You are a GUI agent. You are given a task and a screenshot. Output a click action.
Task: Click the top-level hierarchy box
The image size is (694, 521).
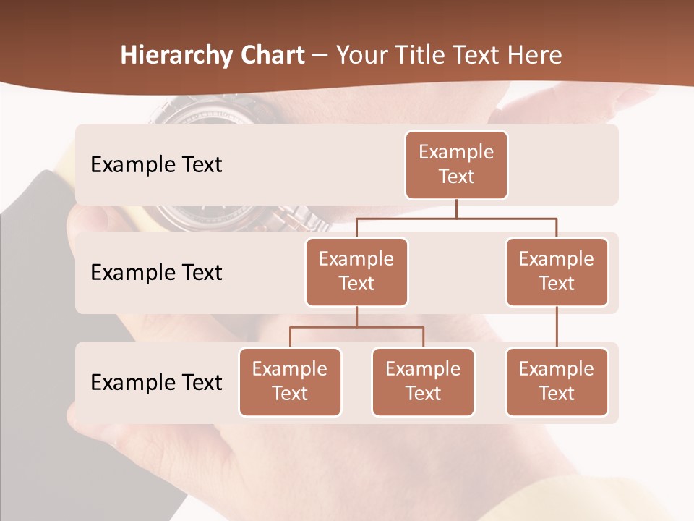(x=456, y=164)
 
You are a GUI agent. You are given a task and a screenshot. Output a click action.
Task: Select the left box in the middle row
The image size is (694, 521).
(x=356, y=271)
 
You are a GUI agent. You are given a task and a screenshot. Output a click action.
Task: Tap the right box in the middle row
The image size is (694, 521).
(x=557, y=271)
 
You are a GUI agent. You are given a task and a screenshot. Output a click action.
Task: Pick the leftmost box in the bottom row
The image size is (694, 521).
(x=290, y=381)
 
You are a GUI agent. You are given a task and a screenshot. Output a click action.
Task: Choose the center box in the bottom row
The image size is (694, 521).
(x=423, y=381)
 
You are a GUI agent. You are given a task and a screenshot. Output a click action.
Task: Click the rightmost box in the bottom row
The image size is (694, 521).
(x=557, y=381)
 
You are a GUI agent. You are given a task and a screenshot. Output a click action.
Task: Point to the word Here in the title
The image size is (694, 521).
(x=534, y=55)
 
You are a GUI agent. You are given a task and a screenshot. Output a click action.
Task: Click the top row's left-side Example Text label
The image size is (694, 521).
(x=156, y=165)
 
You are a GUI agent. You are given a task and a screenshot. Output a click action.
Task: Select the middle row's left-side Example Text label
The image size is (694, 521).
(x=156, y=272)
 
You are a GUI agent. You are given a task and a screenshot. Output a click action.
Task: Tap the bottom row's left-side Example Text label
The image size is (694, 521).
(x=156, y=382)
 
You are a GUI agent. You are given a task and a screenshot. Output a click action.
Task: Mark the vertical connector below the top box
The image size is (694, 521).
(x=456, y=208)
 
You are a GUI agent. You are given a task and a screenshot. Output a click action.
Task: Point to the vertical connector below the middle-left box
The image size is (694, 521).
(x=356, y=316)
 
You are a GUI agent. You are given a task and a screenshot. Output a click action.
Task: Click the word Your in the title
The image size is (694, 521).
(x=359, y=55)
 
